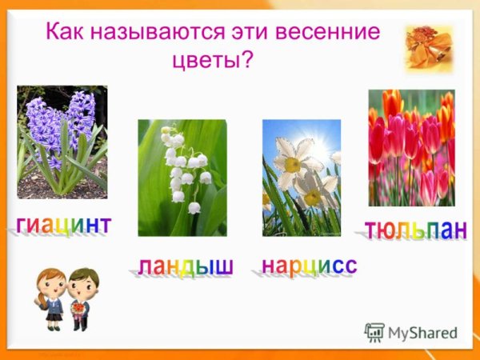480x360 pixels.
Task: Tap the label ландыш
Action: click(184, 266)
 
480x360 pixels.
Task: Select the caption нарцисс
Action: click(309, 264)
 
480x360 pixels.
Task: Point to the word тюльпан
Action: click(414, 229)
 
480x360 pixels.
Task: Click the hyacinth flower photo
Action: click(62, 142)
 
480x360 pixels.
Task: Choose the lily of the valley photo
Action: click(182, 178)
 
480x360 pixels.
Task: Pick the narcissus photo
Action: click(302, 178)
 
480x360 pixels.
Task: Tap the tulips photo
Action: click(411, 148)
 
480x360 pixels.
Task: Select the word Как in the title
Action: click(63, 34)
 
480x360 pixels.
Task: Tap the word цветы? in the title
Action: click(213, 60)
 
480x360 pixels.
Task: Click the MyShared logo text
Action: click(422, 334)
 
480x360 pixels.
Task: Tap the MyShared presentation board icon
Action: click(374, 333)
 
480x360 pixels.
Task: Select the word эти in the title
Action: click(254, 34)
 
